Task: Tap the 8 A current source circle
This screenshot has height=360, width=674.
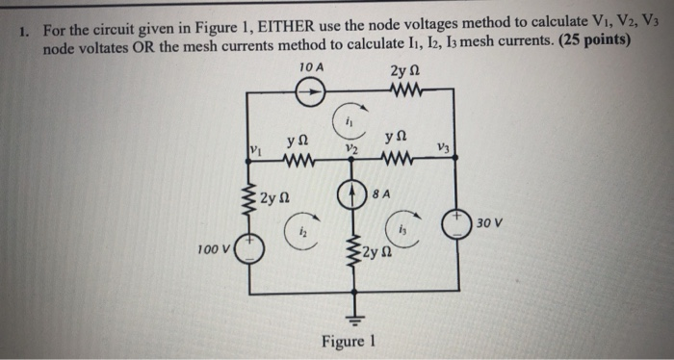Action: point(353,191)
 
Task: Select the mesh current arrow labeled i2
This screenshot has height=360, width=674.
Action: point(299,230)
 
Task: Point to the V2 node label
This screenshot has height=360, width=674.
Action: point(353,150)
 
